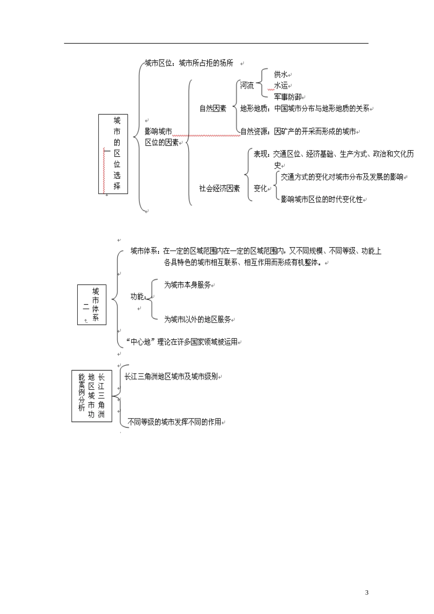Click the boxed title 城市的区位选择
(113, 153)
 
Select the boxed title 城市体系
(92, 305)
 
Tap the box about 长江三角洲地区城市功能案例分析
(92, 396)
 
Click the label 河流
(247, 85)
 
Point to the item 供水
(281, 74)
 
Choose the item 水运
(281, 85)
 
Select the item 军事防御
(287, 97)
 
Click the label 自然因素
(213, 109)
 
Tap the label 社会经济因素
(219, 188)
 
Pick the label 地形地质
(254, 109)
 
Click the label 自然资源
(254, 132)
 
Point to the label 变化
(260, 188)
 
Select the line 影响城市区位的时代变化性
(322, 200)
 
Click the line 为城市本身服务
(187, 285)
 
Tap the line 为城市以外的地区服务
(197, 320)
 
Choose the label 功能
(138, 296)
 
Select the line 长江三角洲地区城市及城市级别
(171, 377)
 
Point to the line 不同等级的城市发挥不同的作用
(174, 422)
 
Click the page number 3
(366, 593)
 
